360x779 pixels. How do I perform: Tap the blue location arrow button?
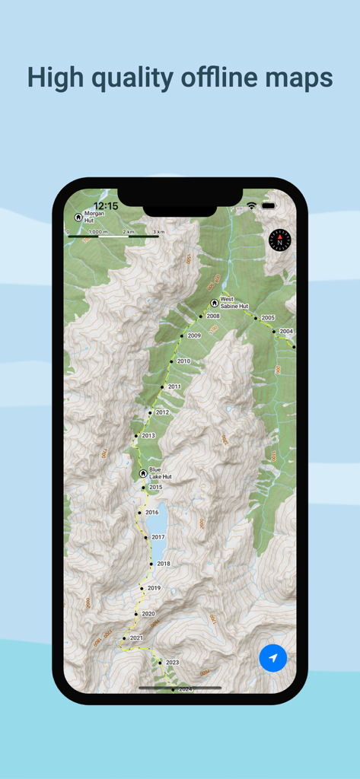pos(272,657)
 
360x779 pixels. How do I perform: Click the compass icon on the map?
pos(280,240)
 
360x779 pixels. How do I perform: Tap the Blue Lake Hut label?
pos(160,473)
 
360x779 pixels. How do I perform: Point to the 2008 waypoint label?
pos(213,316)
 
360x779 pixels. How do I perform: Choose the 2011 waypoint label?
pos(174,387)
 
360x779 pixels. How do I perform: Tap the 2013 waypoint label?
pos(148,436)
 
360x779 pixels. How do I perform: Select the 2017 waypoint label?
pos(158,537)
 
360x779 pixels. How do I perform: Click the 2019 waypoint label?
pos(154,588)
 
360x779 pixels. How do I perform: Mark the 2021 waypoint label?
pos(136,638)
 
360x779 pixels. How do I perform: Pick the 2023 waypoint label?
pos(172,663)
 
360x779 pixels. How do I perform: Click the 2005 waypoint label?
pos(267,317)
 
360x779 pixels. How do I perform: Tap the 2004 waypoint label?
pos(286,332)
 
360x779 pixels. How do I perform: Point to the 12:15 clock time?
pos(106,206)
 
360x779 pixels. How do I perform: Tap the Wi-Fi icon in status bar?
pos(251,206)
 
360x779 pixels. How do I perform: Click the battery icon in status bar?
pos(269,206)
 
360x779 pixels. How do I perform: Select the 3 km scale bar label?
pos(158,231)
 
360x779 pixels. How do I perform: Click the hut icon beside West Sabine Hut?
pos(214,303)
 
